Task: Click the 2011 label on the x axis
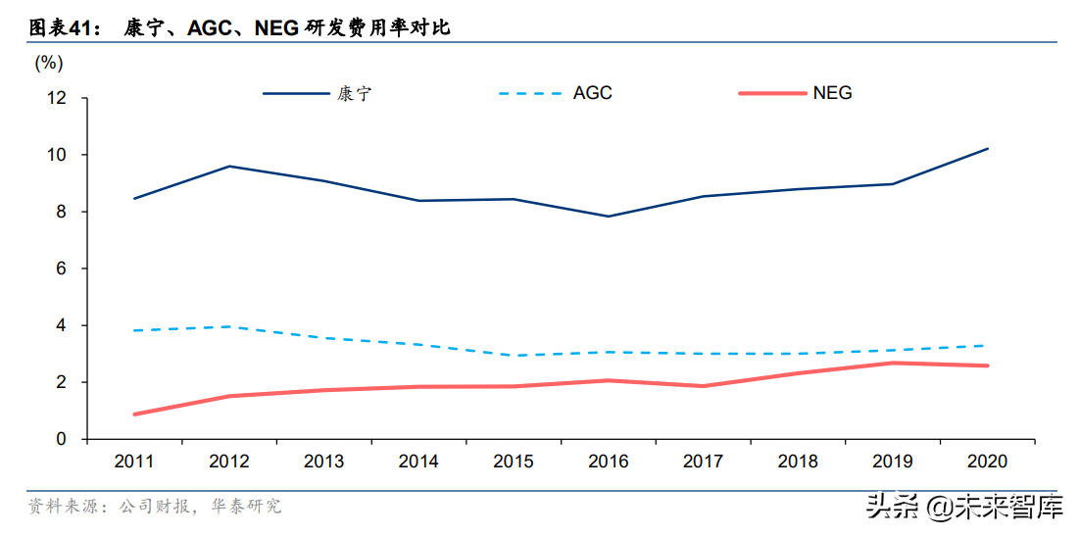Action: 134,462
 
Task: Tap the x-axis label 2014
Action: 418,462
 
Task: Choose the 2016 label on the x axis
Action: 609,462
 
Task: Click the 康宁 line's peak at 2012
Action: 229,167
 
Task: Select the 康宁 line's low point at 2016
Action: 609,217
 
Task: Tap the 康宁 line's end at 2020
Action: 988,149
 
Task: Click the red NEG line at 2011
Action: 134,414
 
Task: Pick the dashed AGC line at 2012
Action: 229,326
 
